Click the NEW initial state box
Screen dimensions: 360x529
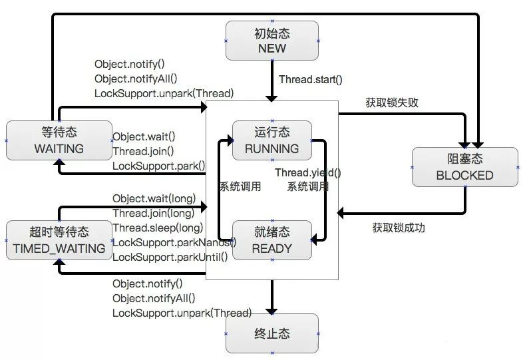(x=271, y=41)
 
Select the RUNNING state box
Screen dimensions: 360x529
(x=271, y=140)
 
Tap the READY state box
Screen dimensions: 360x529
(x=271, y=240)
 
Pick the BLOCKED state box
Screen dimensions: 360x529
(x=464, y=167)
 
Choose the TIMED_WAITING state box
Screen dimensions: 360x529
(x=59, y=240)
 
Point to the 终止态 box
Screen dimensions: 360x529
(x=271, y=333)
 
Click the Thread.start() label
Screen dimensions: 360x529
(x=310, y=80)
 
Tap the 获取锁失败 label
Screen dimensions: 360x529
(x=392, y=102)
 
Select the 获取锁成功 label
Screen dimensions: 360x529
(x=399, y=228)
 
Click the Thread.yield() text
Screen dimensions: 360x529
(x=308, y=172)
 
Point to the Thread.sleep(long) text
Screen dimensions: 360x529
(x=157, y=228)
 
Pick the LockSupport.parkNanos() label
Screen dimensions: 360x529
(x=174, y=243)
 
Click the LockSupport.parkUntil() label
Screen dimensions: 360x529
(x=170, y=258)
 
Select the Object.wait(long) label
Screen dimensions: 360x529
(x=153, y=198)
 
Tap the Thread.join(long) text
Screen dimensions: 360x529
(x=153, y=214)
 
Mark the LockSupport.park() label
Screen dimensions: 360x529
(x=158, y=165)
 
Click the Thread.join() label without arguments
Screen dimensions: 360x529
(x=143, y=150)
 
